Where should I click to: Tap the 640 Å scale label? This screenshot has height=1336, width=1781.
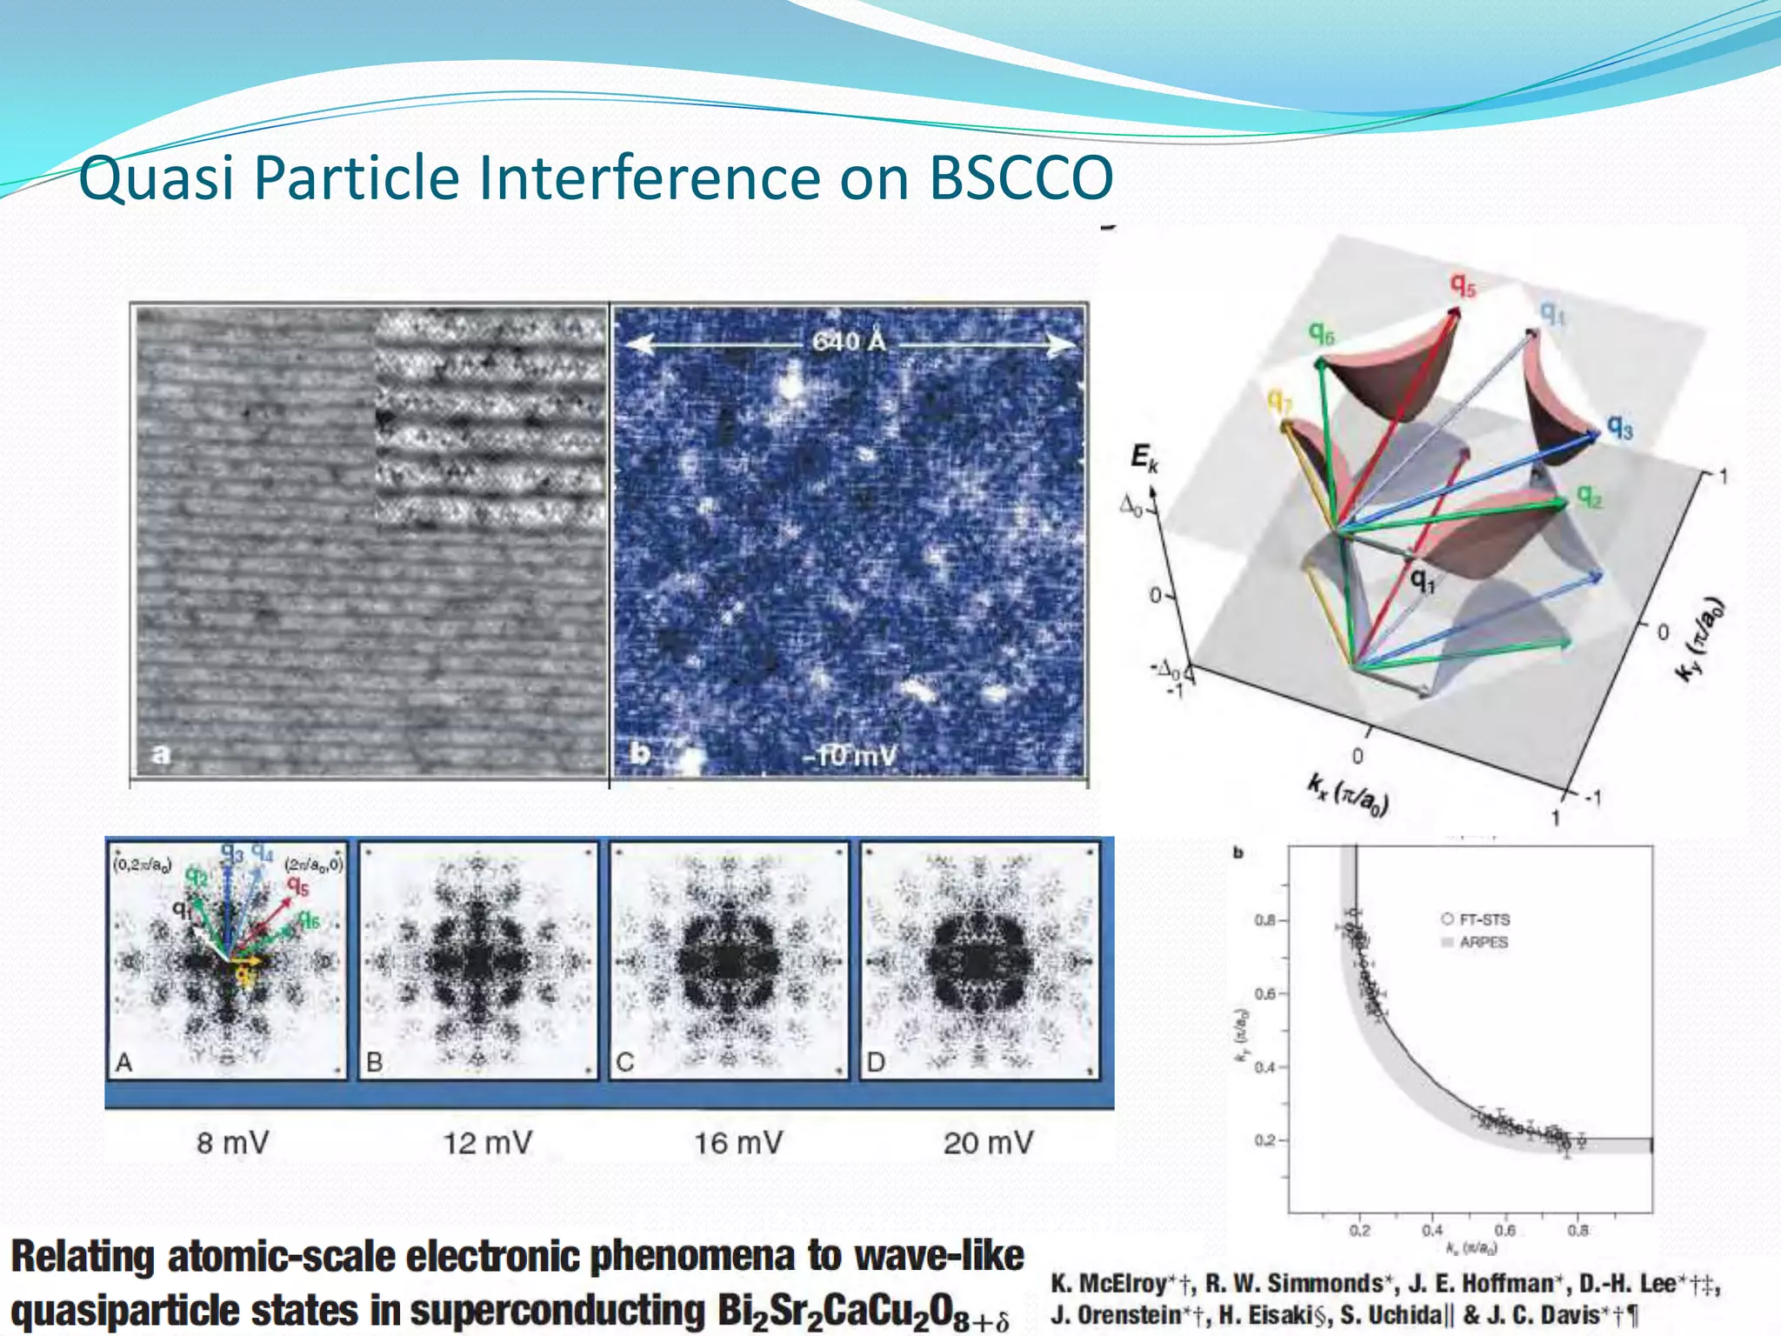point(849,342)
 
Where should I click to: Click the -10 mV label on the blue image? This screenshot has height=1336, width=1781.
point(849,755)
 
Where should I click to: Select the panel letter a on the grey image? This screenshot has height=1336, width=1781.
point(161,753)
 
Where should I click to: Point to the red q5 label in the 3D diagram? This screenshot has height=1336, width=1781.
point(1463,285)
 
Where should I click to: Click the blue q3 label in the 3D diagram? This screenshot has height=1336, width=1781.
point(1619,427)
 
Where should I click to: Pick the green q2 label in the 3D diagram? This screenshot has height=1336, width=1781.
point(1590,497)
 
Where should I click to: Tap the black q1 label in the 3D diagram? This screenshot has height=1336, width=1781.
point(1422,580)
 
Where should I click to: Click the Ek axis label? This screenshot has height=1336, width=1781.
point(1144,457)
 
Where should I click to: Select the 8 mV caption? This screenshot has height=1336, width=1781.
point(232,1142)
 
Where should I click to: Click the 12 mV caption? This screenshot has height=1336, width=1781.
point(487,1142)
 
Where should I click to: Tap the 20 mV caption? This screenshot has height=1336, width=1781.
point(988,1142)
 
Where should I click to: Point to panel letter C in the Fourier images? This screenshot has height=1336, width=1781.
point(624,1062)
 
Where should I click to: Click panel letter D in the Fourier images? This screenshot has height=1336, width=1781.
point(875,1062)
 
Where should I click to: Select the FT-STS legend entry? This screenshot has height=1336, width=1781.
point(1483,919)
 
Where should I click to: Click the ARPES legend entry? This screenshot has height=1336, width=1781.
point(1483,942)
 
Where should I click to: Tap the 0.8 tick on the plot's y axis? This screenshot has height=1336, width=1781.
point(1264,920)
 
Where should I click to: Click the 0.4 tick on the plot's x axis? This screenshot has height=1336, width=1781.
point(1431,1230)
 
